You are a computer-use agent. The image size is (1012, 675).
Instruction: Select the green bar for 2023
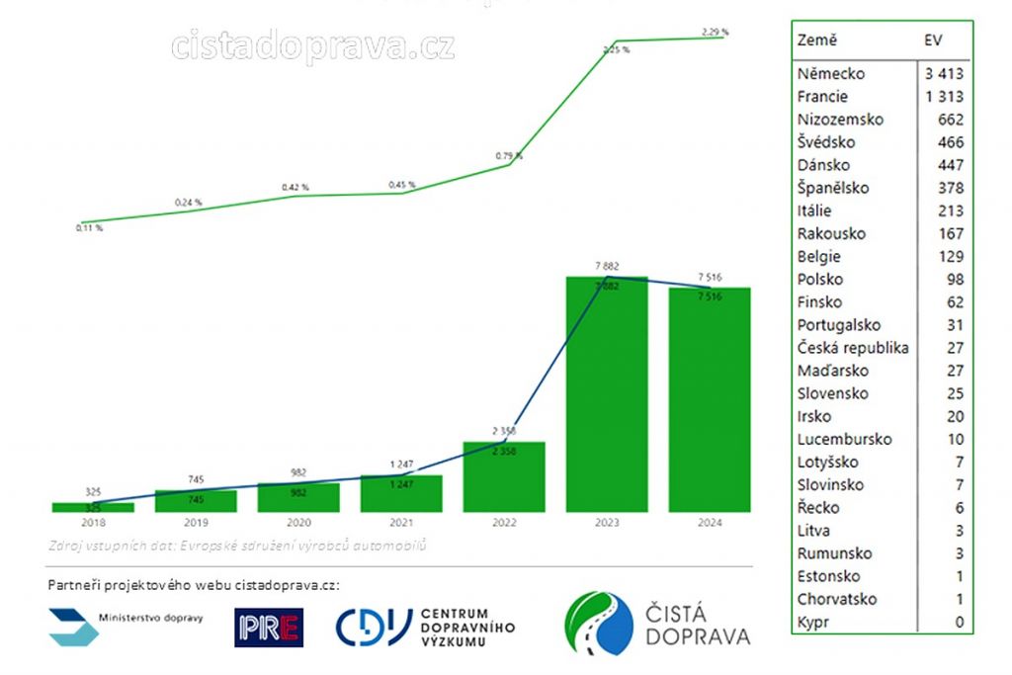coord(607,395)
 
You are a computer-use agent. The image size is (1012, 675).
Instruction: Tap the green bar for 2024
coord(710,400)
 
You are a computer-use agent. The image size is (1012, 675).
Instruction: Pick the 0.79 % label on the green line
coord(508,155)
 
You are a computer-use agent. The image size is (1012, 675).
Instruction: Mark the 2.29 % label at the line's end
coord(715,33)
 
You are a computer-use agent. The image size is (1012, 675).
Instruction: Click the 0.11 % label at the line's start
coord(89,228)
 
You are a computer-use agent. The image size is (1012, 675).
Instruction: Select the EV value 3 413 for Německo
coord(944,74)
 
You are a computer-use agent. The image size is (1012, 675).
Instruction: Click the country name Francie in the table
coord(822,97)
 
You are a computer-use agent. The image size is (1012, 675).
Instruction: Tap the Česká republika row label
coord(853,348)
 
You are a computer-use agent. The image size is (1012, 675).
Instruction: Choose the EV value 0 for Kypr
coord(958,623)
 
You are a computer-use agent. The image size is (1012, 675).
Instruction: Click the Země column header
coord(816,41)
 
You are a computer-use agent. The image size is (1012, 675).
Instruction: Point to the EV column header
coord(932,41)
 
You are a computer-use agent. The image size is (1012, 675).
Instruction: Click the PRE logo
coord(269,628)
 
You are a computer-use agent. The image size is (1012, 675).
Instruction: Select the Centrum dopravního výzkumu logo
coord(426,627)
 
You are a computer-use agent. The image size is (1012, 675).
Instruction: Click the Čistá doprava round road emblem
coord(599,623)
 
